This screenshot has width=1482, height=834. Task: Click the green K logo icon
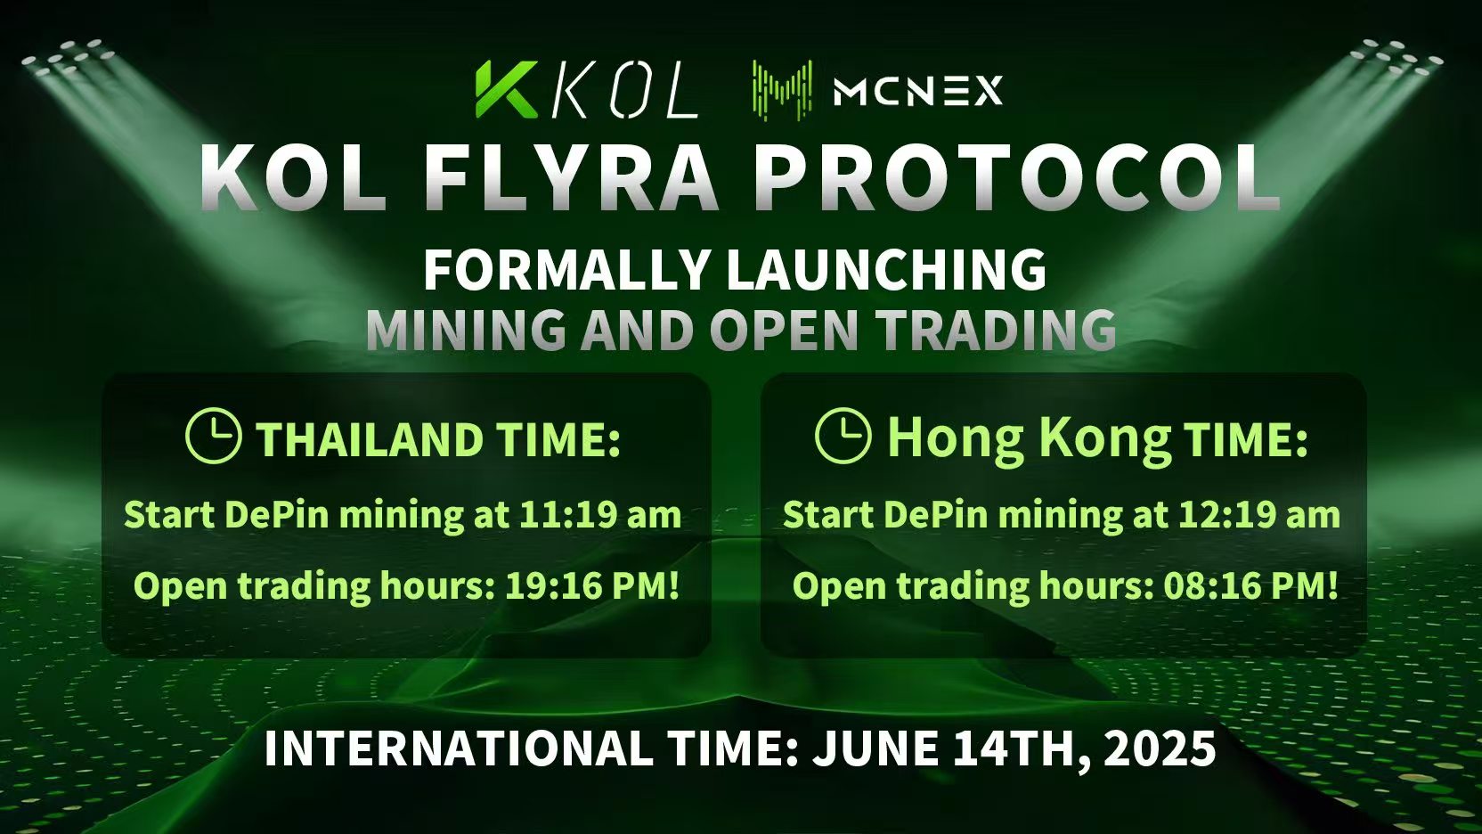coord(506,89)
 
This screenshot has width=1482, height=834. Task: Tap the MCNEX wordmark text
coord(918,90)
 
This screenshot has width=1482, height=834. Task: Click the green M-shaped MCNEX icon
coord(783,90)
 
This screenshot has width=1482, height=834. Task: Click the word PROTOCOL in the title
coord(1020,178)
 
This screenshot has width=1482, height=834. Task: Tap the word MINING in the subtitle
coord(467,330)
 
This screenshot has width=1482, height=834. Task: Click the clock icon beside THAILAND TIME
coord(213,436)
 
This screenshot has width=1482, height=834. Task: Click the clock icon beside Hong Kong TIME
coord(843,435)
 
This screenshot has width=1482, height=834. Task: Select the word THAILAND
coord(370,439)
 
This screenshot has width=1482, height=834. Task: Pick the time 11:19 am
coord(600,514)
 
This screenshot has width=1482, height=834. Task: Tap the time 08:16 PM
coord(1251,585)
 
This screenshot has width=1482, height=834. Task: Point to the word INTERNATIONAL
coord(457,748)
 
